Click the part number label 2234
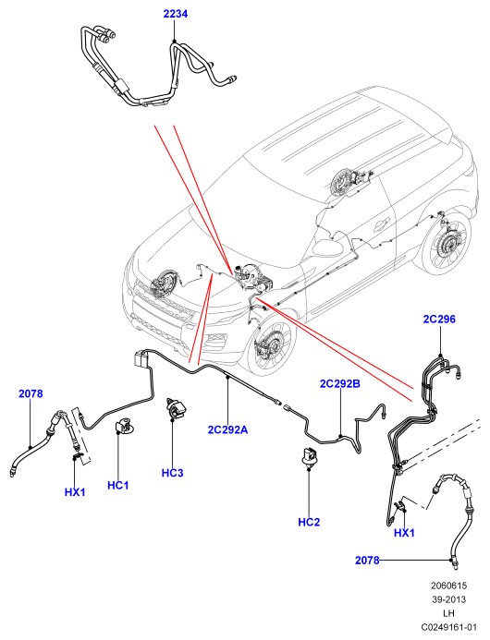pyautogui.click(x=176, y=14)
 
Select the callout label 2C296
pyautogui.click(x=439, y=319)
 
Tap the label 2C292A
pyautogui.click(x=227, y=429)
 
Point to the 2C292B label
pyautogui.click(x=340, y=383)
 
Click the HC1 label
pyautogui.click(x=117, y=485)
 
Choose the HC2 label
pyautogui.click(x=309, y=522)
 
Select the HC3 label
pyautogui.click(x=173, y=473)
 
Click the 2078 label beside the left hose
pyautogui.click(x=31, y=393)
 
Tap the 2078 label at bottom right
pyautogui.click(x=367, y=561)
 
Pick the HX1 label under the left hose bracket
pyautogui.click(x=75, y=492)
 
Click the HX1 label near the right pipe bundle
pyautogui.click(x=404, y=533)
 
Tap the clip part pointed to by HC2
pyautogui.click(x=310, y=456)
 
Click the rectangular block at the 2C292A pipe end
pyautogui.click(x=141, y=361)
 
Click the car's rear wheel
pyautogui.click(x=447, y=244)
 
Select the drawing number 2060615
pyautogui.click(x=448, y=586)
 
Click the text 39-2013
pyautogui.click(x=448, y=599)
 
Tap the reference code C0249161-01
pyautogui.click(x=448, y=627)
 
